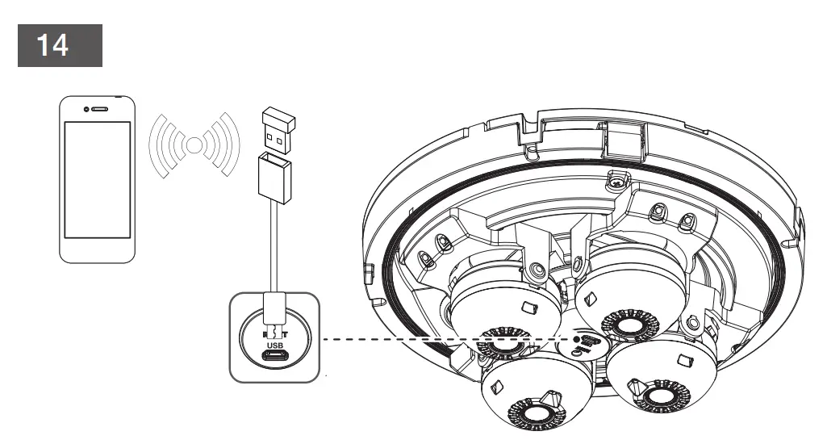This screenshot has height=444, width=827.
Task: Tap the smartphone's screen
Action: pyautogui.click(x=98, y=178)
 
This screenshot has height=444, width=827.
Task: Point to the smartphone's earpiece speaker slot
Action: pyautogui.click(x=98, y=109)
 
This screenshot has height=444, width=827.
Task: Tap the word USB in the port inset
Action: pyautogui.click(x=275, y=341)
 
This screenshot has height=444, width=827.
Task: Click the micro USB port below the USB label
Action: pyautogui.click(x=275, y=356)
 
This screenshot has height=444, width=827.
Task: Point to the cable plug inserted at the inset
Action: pyautogui.click(x=275, y=312)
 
